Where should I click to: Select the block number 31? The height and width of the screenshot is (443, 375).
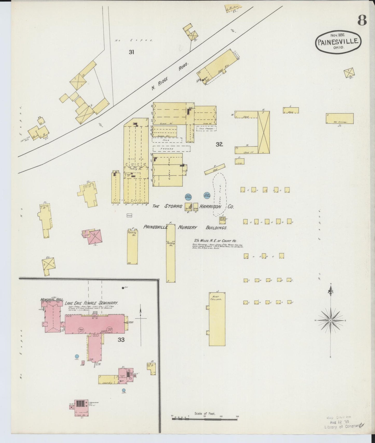tap(131, 52)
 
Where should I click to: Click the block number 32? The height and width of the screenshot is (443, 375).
tap(219, 144)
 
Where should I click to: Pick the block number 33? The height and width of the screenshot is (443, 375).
tap(121, 340)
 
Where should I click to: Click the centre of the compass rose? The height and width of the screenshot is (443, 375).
tap(330, 320)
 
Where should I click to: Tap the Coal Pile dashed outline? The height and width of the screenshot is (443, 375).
tap(220, 194)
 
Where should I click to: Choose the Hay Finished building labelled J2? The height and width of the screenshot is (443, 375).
tap(339, 119)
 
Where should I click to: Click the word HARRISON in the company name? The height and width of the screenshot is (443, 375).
tap(210, 207)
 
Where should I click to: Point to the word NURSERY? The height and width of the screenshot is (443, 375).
tap(187, 227)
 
